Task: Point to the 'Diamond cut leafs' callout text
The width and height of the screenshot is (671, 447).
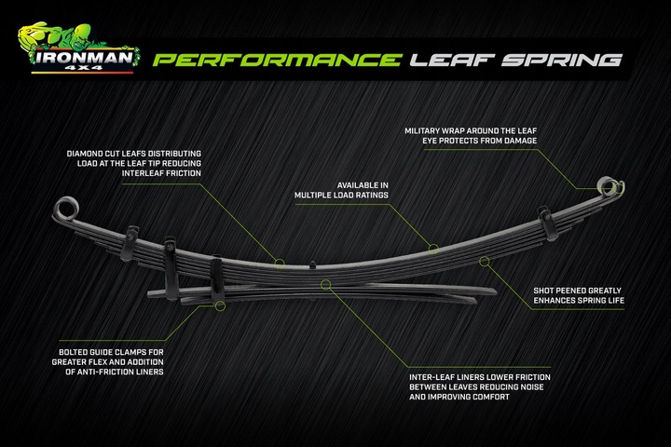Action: tap(133, 163)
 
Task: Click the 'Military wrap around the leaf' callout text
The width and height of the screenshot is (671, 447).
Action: tap(471, 135)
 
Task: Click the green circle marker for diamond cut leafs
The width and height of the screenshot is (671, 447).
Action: tap(280, 262)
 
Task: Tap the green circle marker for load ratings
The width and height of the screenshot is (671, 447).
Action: tap(433, 249)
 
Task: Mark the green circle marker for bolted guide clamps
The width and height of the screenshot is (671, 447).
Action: tap(220, 305)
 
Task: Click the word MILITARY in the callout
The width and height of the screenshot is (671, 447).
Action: tap(423, 129)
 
